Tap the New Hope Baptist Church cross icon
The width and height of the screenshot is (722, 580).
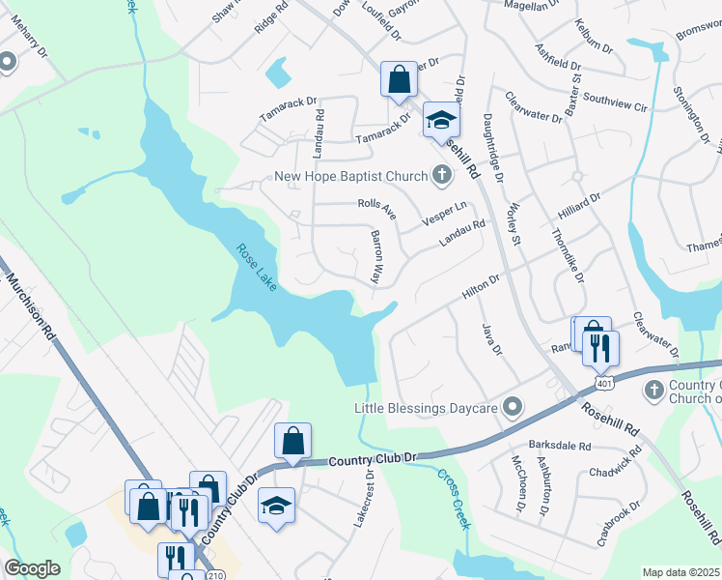tap(442, 176)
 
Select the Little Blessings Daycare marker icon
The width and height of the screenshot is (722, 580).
tap(514, 408)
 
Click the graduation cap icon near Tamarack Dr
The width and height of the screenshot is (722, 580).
tap(441, 120)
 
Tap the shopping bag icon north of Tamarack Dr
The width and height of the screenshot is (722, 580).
tap(399, 79)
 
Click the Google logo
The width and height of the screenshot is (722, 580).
tap(32, 568)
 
